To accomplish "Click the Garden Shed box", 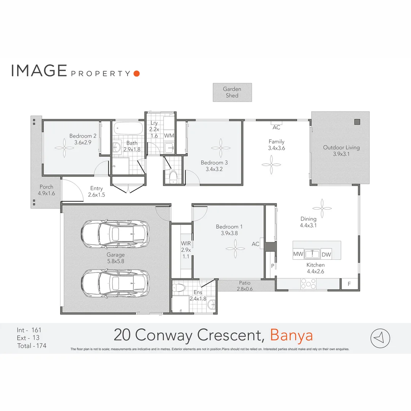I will [x=232, y=92].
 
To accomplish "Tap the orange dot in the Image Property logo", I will [x=137, y=73].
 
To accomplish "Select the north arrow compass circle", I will [x=381, y=338].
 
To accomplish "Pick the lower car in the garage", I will [x=115, y=284].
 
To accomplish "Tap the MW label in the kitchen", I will [x=298, y=254].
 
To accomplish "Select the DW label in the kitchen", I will [x=326, y=254].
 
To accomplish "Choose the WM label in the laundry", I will [x=169, y=135].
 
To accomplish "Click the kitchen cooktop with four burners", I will [x=308, y=284].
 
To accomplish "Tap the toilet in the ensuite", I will [x=178, y=288].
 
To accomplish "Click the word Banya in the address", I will [x=292, y=336].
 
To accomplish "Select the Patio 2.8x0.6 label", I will [x=245, y=285].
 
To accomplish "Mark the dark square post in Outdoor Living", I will [x=357, y=122].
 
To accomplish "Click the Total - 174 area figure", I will [x=32, y=346].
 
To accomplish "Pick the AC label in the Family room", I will [x=276, y=127].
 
